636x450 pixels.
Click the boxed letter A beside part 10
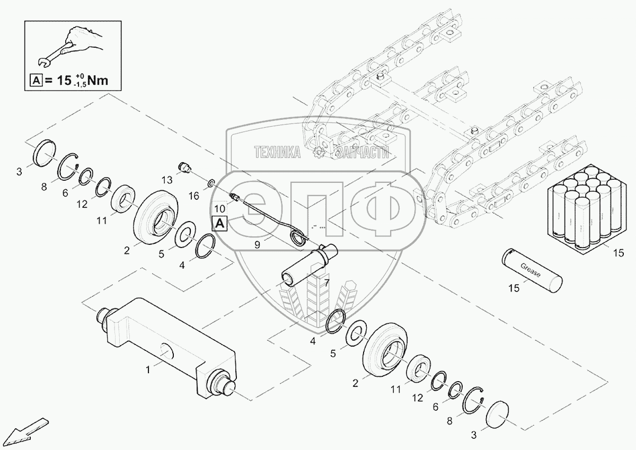[x=219, y=223]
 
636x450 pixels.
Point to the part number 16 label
[x=194, y=196]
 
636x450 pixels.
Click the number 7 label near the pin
[x=327, y=283]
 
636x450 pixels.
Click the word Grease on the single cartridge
[x=531, y=270]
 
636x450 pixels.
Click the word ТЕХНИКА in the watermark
[x=278, y=153]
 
